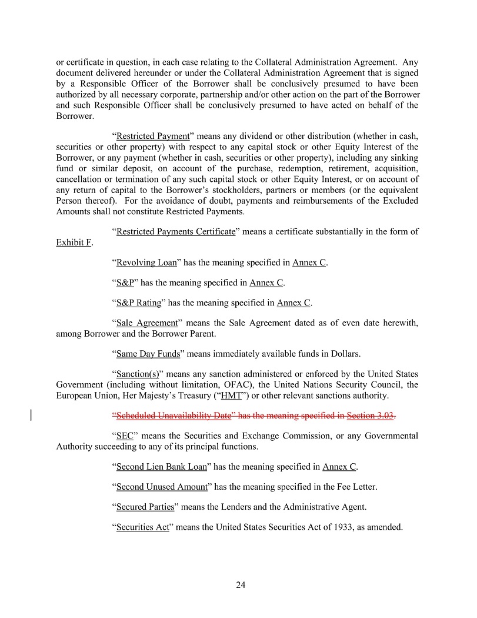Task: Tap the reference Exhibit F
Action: click(x=74, y=242)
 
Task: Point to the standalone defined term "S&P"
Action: click(x=125, y=283)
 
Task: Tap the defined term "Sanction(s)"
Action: click(x=135, y=374)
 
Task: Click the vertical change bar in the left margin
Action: click(x=31, y=416)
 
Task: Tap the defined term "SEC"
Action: click(x=124, y=436)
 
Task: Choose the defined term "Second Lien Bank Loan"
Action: click(x=162, y=467)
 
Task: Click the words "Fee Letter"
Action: click(x=357, y=487)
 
